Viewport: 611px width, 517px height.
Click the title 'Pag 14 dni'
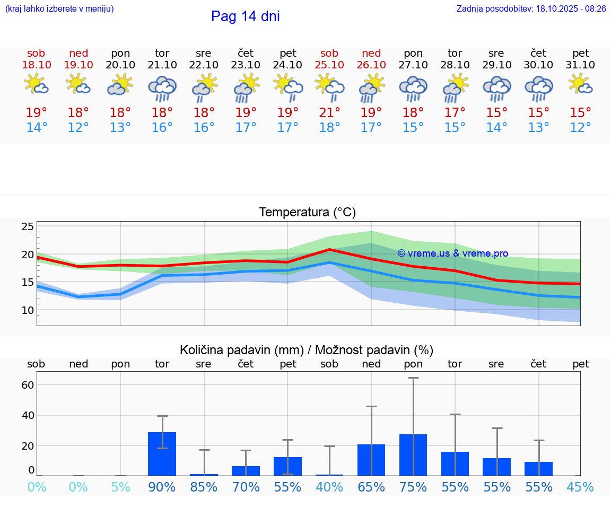click(245, 16)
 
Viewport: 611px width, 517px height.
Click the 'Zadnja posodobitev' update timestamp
click(531, 9)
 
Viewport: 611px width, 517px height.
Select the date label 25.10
click(329, 65)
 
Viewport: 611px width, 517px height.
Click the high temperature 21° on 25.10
click(329, 112)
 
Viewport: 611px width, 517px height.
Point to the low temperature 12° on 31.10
click(581, 128)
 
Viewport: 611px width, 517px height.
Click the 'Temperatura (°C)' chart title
click(307, 213)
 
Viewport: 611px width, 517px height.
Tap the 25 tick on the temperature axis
click(28, 227)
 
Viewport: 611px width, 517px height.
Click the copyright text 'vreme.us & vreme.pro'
click(452, 253)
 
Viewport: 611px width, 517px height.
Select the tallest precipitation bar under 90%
click(162, 454)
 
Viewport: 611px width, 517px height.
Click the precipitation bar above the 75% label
click(413, 455)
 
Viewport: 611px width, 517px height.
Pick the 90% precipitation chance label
click(162, 487)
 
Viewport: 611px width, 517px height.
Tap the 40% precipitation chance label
click(329, 487)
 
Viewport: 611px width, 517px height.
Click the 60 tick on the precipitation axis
click(28, 384)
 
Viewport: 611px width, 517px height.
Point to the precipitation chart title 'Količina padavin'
click(307, 350)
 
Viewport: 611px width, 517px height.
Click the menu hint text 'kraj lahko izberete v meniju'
click(59, 9)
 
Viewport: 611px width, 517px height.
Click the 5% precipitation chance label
click(120, 487)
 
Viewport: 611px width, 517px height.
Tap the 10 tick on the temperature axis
click(28, 310)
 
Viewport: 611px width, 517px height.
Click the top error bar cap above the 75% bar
click(413, 378)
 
